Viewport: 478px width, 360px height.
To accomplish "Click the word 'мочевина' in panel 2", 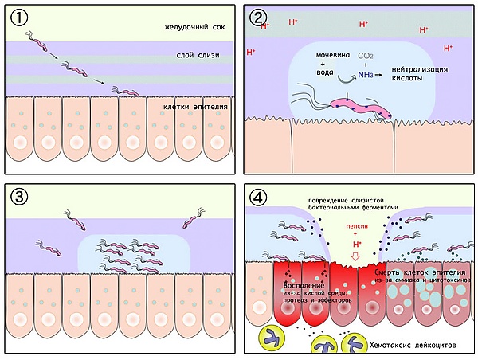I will (x=332, y=57).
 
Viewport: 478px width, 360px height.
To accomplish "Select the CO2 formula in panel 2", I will (x=368, y=57).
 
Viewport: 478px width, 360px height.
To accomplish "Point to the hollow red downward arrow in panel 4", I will (x=356, y=256).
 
